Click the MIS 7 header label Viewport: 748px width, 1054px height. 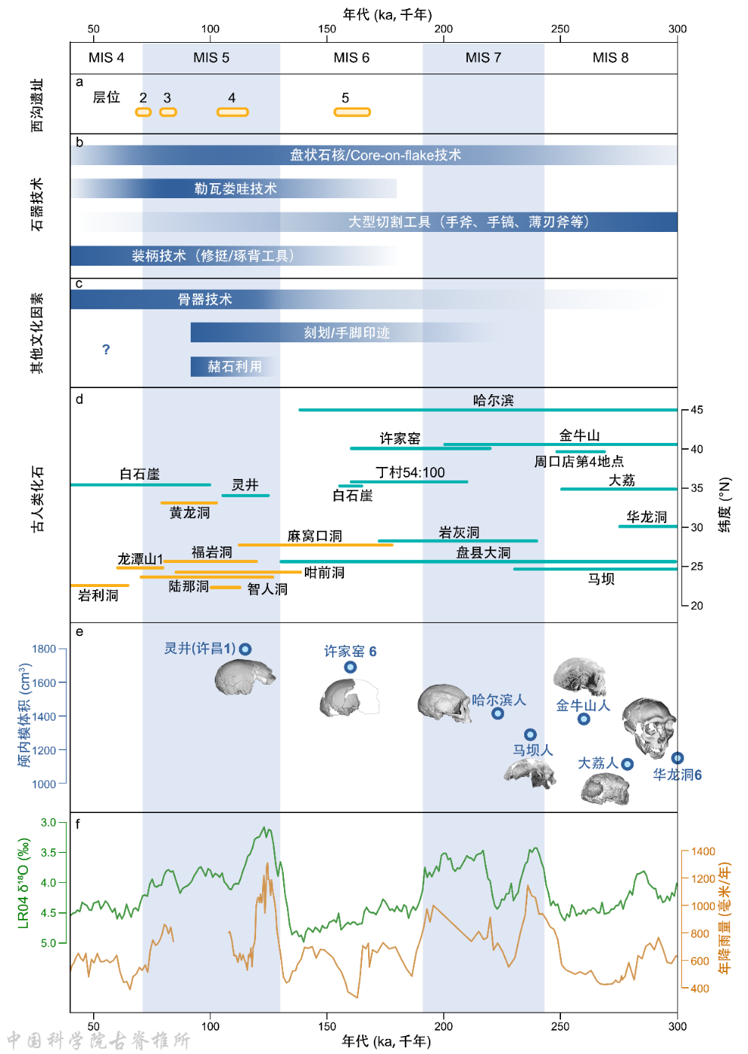[483, 58]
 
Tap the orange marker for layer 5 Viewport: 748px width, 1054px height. [351, 113]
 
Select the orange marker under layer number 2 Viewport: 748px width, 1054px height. [143, 113]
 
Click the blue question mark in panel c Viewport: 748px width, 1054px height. [106, 350]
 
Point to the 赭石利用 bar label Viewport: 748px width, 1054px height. [235, 366]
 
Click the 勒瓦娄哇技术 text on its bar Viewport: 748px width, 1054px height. [236, 188]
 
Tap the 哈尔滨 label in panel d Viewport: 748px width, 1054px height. [493, 400]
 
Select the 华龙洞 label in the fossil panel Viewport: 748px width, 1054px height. [647, 516]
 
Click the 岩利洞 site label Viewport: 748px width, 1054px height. [98, 595]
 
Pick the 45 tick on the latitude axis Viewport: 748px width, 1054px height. [697, 410]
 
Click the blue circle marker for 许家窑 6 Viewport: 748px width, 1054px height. [350, 667]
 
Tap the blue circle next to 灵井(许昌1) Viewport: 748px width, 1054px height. [246, 649]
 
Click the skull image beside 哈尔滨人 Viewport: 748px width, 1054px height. [444, 703]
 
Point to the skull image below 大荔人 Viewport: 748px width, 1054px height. [605, 789]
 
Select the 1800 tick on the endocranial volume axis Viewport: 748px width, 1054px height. [44, 649]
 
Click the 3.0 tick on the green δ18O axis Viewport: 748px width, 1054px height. [48, 822]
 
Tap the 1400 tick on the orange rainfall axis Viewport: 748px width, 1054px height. [703, 851]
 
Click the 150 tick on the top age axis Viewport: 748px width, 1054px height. [327, 29]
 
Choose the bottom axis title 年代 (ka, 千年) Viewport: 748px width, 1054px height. [386, 1041]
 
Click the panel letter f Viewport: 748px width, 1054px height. [78, 824]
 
